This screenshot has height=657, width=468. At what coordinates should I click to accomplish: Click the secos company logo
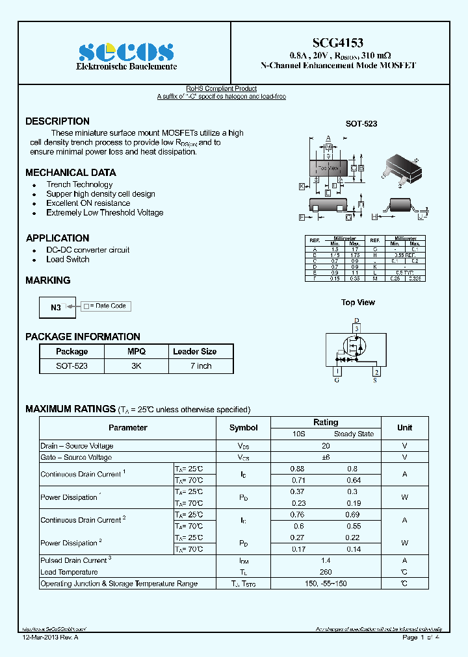126,52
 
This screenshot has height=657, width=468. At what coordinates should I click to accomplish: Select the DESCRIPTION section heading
57,121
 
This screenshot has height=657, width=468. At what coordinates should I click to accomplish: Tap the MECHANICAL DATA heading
71,173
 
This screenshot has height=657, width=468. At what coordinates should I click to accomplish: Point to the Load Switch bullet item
68,260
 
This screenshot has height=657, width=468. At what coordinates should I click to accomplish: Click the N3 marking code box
57,308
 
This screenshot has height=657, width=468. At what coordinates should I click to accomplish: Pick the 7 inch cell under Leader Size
201,366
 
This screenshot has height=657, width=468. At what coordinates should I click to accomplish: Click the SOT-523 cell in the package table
71,366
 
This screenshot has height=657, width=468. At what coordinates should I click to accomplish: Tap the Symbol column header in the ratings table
243,428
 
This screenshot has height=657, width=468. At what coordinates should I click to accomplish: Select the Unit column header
404,428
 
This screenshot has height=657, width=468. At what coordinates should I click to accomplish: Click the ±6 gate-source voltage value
326,458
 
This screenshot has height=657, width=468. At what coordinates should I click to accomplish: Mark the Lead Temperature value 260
326,572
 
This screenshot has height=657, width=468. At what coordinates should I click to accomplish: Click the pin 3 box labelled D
356,329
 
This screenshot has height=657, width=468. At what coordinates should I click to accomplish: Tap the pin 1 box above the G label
337,372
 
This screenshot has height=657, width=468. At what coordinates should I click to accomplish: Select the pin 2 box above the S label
376,372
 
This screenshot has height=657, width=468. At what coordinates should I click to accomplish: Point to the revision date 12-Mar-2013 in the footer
50,638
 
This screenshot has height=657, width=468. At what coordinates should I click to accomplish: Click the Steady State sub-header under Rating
354,434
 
